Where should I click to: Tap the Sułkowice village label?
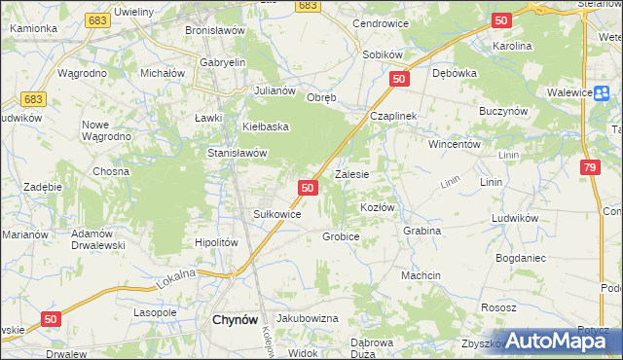click(x=276, y=214)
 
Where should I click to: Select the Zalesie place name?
click(x=351, y=175)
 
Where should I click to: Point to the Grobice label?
click(x=341, y=236)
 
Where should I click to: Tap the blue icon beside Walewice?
click(x=602, y=91)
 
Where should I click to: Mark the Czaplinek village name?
click(x=392, y=116)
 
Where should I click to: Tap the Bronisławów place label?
click(x=213, y=30)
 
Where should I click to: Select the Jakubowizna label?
click(x=307, y=318)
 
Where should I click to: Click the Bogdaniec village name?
click(x=521, y=258)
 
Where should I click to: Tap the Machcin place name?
click(x=421, y=275)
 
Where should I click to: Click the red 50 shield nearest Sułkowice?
click(x=308, y=187)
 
